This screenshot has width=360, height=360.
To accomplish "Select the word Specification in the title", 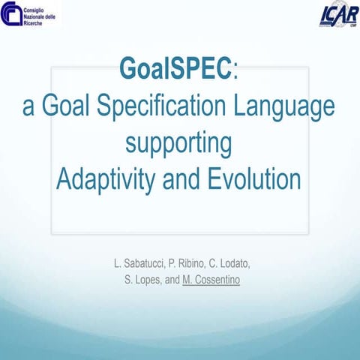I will pyautogui.click(x=165, y=106).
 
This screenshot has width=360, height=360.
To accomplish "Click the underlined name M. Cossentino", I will pyautogui.click(x=214, y=280).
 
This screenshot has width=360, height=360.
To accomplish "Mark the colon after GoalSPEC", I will pyautogui.click(x=236, y=71).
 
